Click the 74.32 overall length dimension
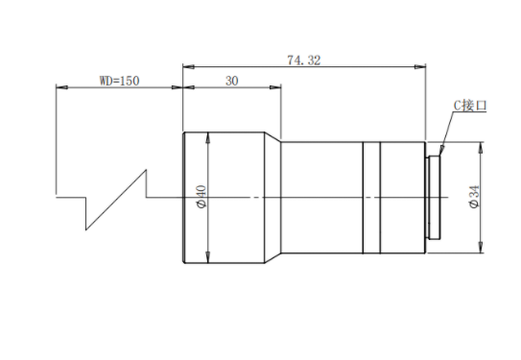[x=304, y=60]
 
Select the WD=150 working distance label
[x=119, y=81]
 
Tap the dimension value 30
[x=231, y=81]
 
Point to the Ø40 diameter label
[x=201, y=197]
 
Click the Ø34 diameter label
[x=475, y=197]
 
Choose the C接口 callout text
[x=470, y=106]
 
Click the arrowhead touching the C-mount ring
[x=441, y=151]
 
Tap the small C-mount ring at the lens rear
[x=434, y=198]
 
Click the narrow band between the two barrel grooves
[x=371, y=198]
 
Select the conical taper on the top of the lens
[x=272, y=137]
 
